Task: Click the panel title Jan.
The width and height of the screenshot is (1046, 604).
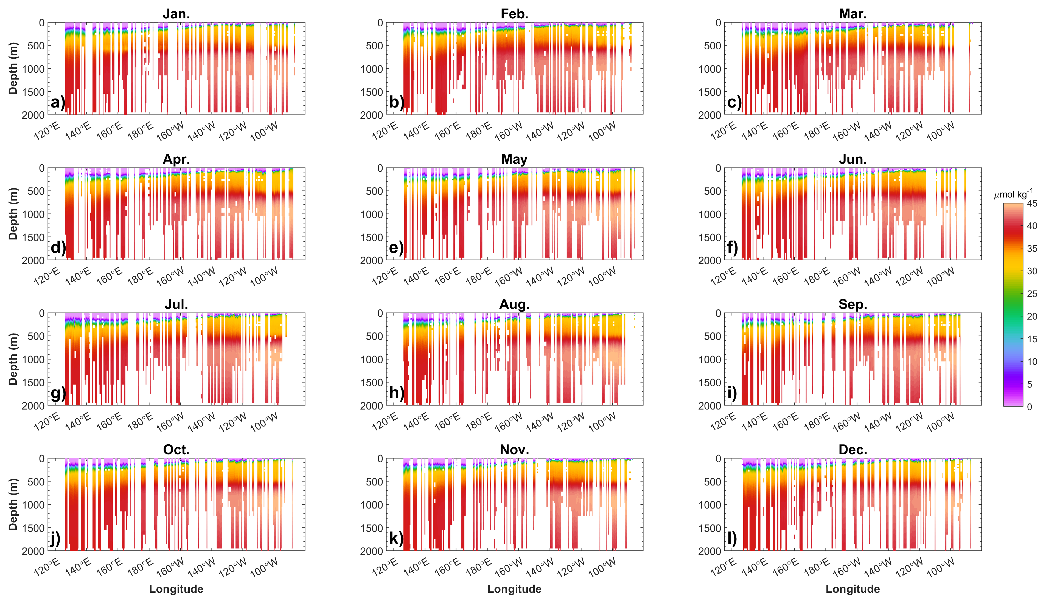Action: (176, 14)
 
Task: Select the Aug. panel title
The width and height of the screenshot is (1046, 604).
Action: (514, 304)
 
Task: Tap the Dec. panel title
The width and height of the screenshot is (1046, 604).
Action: (852, 450)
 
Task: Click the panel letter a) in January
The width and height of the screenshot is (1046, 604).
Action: (57, 102)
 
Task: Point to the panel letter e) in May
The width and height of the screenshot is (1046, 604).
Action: (396, 248)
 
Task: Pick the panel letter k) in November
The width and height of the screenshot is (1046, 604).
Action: (396, 538)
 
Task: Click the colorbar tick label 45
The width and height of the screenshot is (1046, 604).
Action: (1032, 204)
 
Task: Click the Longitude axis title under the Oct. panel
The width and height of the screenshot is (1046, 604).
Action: (176, 589)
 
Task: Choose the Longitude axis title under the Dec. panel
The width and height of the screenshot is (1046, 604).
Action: (852, 589)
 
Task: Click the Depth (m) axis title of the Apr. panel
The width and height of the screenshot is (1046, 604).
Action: (13, 214)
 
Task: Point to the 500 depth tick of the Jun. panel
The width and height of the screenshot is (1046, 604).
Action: (712, 191)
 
